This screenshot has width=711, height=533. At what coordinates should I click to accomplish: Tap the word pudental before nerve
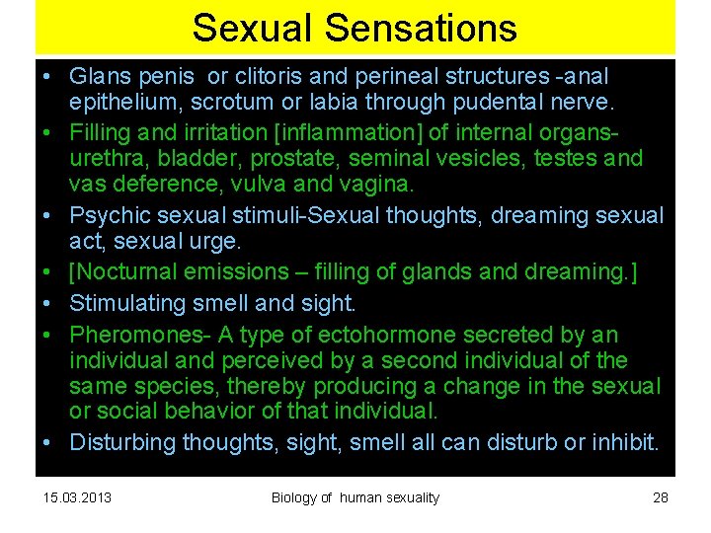tap(506, 102)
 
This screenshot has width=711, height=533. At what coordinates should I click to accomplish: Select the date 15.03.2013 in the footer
tap(78, 496)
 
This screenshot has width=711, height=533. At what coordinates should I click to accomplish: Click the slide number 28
tap(661, 496)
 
